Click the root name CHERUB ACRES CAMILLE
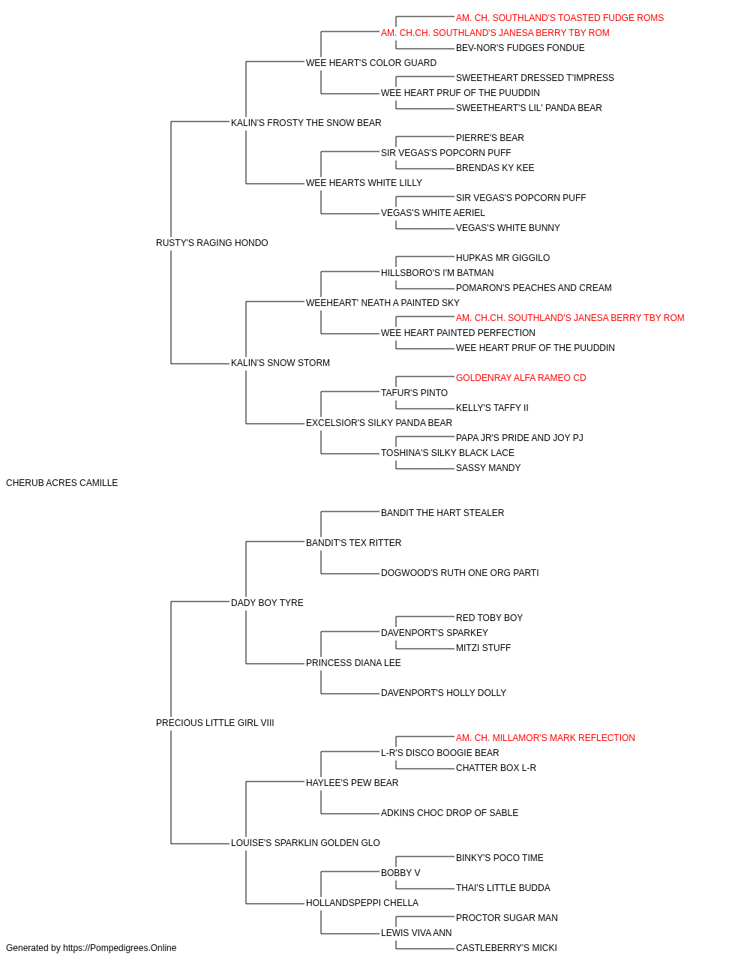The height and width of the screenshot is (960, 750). (61, 483)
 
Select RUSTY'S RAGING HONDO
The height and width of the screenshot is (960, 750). (212, 243)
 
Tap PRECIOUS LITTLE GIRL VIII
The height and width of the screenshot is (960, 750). (215, 723)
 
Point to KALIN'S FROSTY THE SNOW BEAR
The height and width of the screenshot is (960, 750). (306, 123)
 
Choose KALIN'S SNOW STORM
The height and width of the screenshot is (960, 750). (280, 363)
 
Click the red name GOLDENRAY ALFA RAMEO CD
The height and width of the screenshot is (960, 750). (521, 378)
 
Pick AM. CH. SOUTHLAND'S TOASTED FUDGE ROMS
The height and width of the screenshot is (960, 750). (560, 18)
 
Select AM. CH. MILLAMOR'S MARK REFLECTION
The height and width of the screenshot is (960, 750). (545, 738)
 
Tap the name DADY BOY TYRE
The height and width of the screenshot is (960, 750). (267, 603)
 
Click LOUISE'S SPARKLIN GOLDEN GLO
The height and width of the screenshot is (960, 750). (306, 843)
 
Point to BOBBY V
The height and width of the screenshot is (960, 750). (400, 873)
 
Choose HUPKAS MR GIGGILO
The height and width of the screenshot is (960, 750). (503, 258)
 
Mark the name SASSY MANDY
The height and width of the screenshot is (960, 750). (488, 468)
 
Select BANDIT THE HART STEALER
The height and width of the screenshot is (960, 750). (442, 513)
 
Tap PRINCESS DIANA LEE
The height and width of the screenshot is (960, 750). (354, 663)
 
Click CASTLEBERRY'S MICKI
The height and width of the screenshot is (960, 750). (507, 948)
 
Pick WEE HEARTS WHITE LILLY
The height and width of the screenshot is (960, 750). (364, 183)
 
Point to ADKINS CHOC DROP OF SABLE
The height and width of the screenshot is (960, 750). (450, 813)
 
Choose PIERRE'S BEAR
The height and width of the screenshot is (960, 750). (490, 138)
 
